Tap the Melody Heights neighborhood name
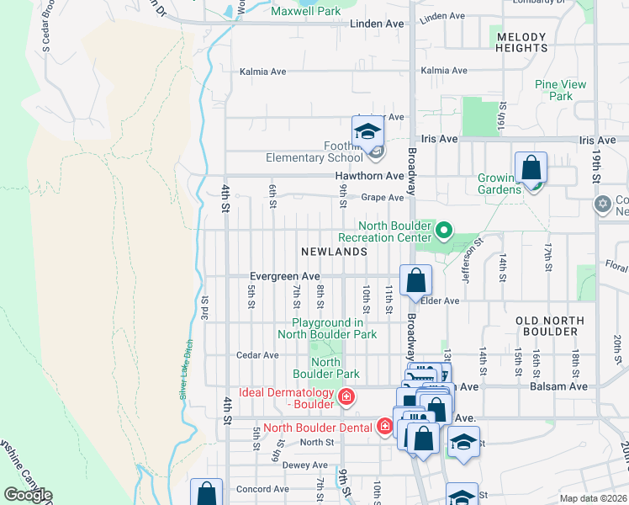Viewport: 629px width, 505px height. pyautogui.click(x=521, y=43)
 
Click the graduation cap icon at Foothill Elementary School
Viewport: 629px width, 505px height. pyautogui.click(x=367, y=132)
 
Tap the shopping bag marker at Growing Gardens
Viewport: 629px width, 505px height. pyautogui.click(x=531, y=167)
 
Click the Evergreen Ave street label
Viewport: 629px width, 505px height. pyautogui.click(x=285, y=276)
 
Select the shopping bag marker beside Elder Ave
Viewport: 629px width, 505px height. pyautogui.click(x=415, y=280)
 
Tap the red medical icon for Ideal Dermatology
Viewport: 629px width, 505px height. pyautogui.click(x=345, y=396)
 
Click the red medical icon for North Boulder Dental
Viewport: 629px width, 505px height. pyautogui.click(x=385, y=427)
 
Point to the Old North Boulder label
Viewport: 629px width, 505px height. pyautogui.click(x=548, y=326)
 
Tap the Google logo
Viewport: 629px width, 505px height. pyautogui.click(x=27, y=495)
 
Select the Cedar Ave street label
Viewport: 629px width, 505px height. pyautogui.click(x=257, y=355)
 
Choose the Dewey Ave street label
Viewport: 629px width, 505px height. pyautogui.click(x=306, y=465)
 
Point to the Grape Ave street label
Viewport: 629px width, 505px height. pyautogui.click(x=383, y=198)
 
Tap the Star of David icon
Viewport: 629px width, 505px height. pyautogui.click(x=602, y=205)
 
